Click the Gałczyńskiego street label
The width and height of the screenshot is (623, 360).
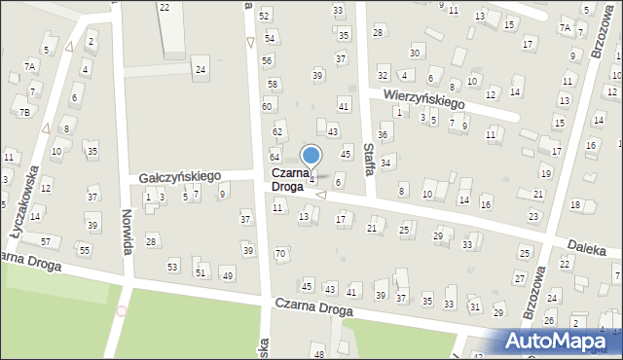(180, 176)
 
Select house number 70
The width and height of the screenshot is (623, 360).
(281, 254)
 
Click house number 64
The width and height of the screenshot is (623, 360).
(275, 157)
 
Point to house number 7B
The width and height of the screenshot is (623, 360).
(23, 112)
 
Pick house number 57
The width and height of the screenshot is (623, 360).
(45, 240)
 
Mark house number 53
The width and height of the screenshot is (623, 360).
(173, 266)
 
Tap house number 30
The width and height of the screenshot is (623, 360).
(416, 52)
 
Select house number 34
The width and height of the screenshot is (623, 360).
(385, 162)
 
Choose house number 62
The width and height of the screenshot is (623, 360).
(277, 131)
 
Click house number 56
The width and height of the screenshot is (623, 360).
(267, 60)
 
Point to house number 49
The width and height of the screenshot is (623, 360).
(228, 276)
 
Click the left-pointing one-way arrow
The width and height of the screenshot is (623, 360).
(320, 197)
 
